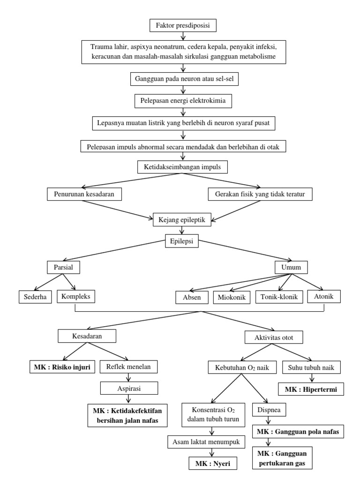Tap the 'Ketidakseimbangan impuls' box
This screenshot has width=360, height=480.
tap(183, 167)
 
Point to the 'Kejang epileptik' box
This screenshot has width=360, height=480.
tap(183, 218)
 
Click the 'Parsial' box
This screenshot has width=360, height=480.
tap(63, 268)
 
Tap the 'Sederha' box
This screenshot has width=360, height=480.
tap(35, 297)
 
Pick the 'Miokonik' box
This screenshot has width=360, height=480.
tap(232, 297)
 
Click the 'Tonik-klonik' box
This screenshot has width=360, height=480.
tap(279, 297)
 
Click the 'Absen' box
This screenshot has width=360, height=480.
tap(192, 297)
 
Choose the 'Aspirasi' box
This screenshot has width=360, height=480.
tap(128, 388)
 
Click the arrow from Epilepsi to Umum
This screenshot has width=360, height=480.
tap(239, 254)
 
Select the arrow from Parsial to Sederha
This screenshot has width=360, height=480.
tap(49, 282)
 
